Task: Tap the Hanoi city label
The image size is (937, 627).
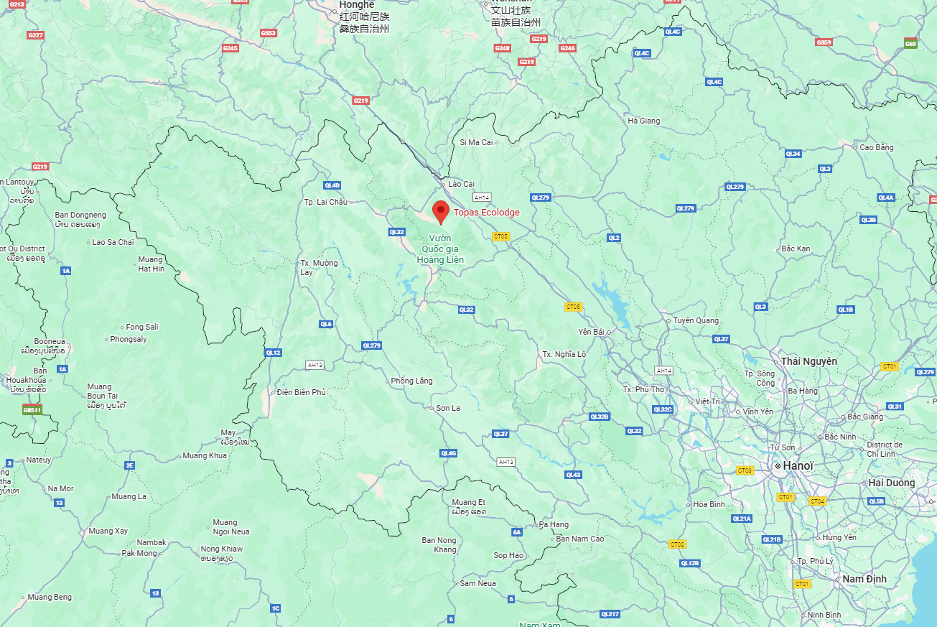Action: pyautogui.click(x=798, y=466)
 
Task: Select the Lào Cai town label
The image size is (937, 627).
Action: pyautogui.click(x=461, y=184)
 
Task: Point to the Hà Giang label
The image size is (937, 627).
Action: pyautogui.click(x=643, y=121)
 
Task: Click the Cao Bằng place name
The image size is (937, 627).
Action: pyautogui.click(x=877, y=147)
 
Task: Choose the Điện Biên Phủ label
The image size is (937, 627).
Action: pyautogui.click(x=302, y=392)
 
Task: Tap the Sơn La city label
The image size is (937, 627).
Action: pyautogui.click(x=448, y=408)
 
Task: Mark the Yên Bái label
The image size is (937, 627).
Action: pyautogui.click(x=591, y=332)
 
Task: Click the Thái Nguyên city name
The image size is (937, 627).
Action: pyautogui.click(x=808, y=361)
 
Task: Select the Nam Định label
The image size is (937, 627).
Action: pyautogui.click(x=864, y=579)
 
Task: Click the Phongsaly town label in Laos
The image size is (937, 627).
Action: pyautogui.click(x=129, y=339)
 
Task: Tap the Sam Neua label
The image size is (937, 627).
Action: pyautogui.click(x=478, y=583)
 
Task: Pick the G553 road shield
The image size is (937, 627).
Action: pyautogui.click(x=269, y=33)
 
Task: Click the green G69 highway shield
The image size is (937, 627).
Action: pyautogui.click(x=910, y=44)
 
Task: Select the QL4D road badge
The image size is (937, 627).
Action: pyautogui.click(x=332, y=185)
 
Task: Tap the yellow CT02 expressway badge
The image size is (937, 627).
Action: pyautogui.click(x=676, y=544)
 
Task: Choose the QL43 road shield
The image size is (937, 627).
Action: pyautogui.click(x=573, y=474)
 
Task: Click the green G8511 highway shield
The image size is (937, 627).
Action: pyautogui.click(x=32, y=409)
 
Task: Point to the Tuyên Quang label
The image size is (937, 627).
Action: pyautogui.click(x=695, y=320)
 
